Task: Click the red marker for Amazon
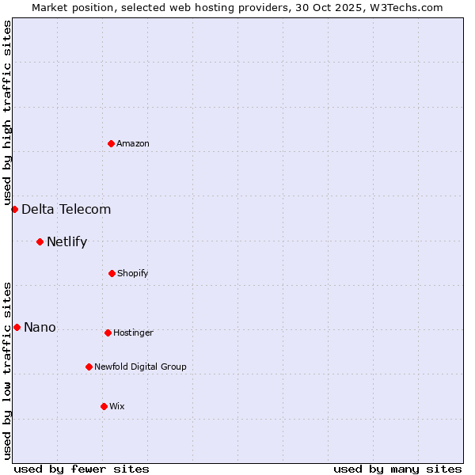click(111, 143)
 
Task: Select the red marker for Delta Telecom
click(14, 209)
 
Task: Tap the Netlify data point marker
click(40, 241)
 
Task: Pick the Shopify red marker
click(112, 273)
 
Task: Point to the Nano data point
click(17, 327)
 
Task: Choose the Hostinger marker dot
click(108, 332)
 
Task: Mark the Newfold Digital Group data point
click(89, 367)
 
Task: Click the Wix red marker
click(104, 406)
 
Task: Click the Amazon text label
click(133, 143)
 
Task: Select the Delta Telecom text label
click(66, 209)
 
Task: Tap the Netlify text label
click(67, 241)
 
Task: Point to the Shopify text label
click(133, 273)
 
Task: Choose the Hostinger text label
click(133, 332)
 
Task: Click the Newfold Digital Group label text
click(141, 367)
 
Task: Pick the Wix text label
click(117, 406)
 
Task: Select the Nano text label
click(40, 327)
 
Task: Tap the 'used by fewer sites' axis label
click(82, 469)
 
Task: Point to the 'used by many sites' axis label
click(397, 469)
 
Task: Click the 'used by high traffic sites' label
click(7, 112)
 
